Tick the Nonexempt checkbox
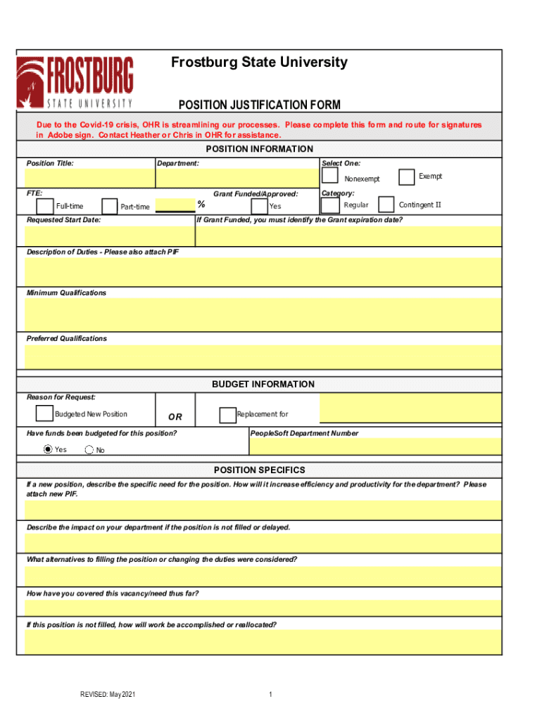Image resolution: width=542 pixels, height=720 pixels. (x=329, y=177)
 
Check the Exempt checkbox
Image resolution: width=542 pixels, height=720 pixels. (x=406, y=177)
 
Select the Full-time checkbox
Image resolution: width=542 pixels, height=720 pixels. (x=44, y=205)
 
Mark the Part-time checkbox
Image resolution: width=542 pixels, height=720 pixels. (x=109, y=206)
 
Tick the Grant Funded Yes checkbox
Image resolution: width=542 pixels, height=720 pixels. (x=258, y=205)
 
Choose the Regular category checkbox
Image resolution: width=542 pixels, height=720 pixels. (x=329, y=205)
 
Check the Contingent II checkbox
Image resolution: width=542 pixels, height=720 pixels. (x=386, y=205)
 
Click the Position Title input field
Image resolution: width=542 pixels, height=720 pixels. (x=89, y=179)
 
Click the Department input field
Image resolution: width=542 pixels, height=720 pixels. (x=237, y=179)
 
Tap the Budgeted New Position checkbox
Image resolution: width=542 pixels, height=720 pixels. (x=44, y=413)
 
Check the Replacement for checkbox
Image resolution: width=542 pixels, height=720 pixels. (x=227, y=415)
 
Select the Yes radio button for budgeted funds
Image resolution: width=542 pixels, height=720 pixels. (x=48, y=449)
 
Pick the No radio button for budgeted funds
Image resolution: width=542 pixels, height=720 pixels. (x=89, y=450)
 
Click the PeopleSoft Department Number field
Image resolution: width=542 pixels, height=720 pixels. (x=375, y=446)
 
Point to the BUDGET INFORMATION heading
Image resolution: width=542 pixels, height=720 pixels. (x=263, y=385)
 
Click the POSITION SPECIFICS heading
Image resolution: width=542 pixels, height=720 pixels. (x=260, y=470)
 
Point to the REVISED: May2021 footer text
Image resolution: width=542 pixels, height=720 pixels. (x=107, y=695)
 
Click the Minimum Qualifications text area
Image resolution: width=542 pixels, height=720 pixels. (x=263, y=315)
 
